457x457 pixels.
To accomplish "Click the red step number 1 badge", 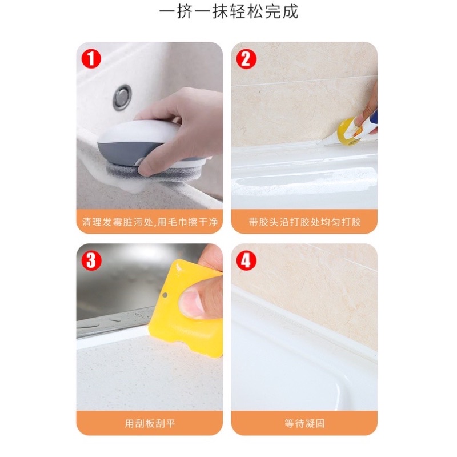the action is [91, 59].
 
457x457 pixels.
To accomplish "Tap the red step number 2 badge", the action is [246, 59].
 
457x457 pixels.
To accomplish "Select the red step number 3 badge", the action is [91, 260].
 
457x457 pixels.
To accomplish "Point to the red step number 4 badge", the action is [246, 260].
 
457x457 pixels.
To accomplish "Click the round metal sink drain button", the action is [122, 97].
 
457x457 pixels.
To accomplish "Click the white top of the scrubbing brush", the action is [137, 133].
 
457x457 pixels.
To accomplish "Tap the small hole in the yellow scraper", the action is [165, 295].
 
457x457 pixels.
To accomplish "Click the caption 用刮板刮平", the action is [150, 423].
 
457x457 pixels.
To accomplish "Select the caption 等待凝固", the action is [304, 423].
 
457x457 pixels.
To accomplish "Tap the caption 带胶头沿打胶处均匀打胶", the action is [304, 222].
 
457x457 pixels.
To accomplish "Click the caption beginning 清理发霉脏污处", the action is [150, 222].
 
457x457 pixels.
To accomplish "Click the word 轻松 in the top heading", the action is [246, 12].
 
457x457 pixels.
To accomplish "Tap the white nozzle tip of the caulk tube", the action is [319, 142].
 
